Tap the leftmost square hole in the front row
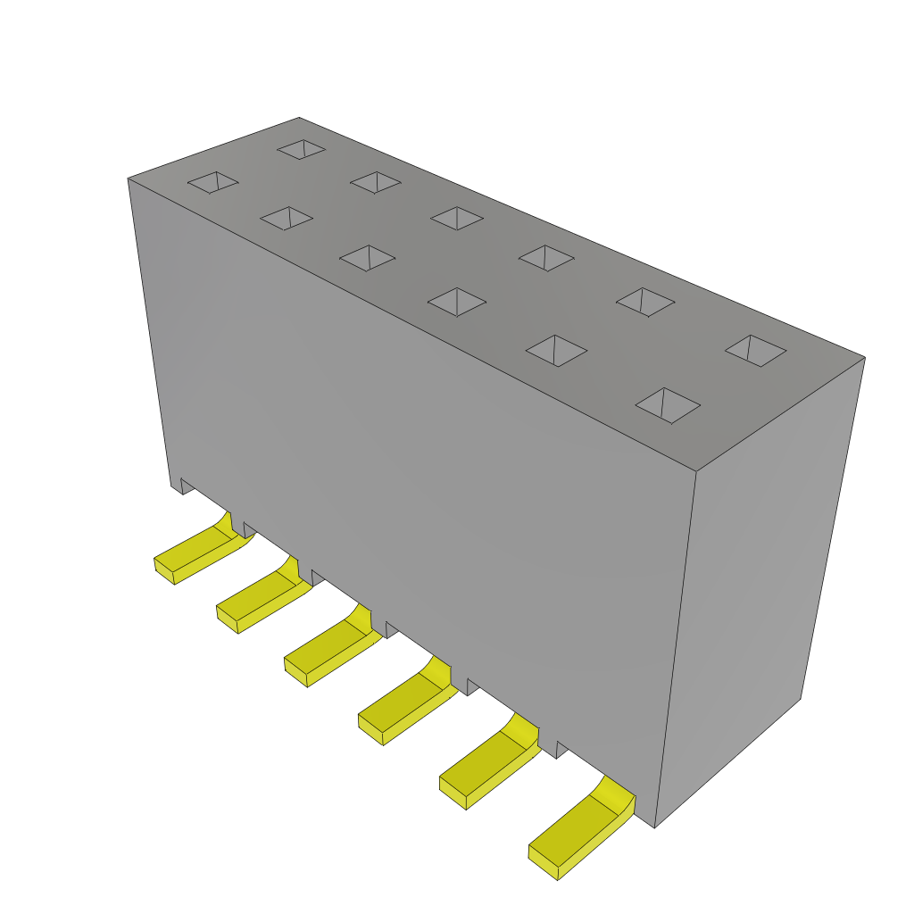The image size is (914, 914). click(212, 182)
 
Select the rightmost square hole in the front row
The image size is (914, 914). click(668, 405)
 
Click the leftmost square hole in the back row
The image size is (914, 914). click(302, 149)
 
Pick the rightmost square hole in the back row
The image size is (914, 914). click(755, 351)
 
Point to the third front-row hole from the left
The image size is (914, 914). click(367, 258)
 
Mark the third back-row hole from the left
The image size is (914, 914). click(457, 219)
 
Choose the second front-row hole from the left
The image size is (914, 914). click(287, 218)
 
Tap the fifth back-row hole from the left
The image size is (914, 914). click(645, 302)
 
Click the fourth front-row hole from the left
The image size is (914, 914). click(457, 302)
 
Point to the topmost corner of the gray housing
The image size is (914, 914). click(299, 118)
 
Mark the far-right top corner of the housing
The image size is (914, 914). click(864, 358)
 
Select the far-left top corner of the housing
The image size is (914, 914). click(129, 179)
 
